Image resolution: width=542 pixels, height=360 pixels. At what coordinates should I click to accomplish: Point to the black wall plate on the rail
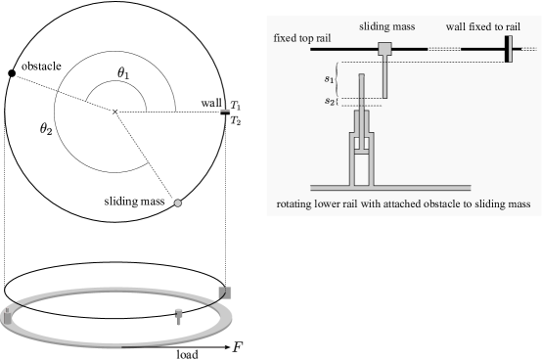[508, 49]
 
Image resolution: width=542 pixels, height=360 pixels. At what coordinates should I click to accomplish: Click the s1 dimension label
[329, 77]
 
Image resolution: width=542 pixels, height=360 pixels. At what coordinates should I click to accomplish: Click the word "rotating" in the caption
[299, 204]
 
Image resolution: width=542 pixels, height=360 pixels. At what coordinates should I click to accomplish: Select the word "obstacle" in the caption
[442, 204]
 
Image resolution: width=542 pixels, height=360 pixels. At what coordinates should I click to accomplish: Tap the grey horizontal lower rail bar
[390, 186]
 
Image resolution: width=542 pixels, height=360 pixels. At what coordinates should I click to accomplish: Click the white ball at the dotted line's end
[177, 203]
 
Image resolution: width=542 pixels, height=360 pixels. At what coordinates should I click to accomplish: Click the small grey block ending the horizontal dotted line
[225, 111]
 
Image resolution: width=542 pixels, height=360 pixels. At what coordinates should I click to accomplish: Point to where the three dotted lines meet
[118, 113]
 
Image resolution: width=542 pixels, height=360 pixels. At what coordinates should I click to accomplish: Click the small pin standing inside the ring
[178, 315]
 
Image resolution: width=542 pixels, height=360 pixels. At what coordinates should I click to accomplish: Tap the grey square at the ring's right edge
[225, 292]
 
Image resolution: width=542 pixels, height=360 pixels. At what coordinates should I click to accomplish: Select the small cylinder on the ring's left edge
[9, 315]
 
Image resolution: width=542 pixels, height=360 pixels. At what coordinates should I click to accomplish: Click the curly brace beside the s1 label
[338, 78]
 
